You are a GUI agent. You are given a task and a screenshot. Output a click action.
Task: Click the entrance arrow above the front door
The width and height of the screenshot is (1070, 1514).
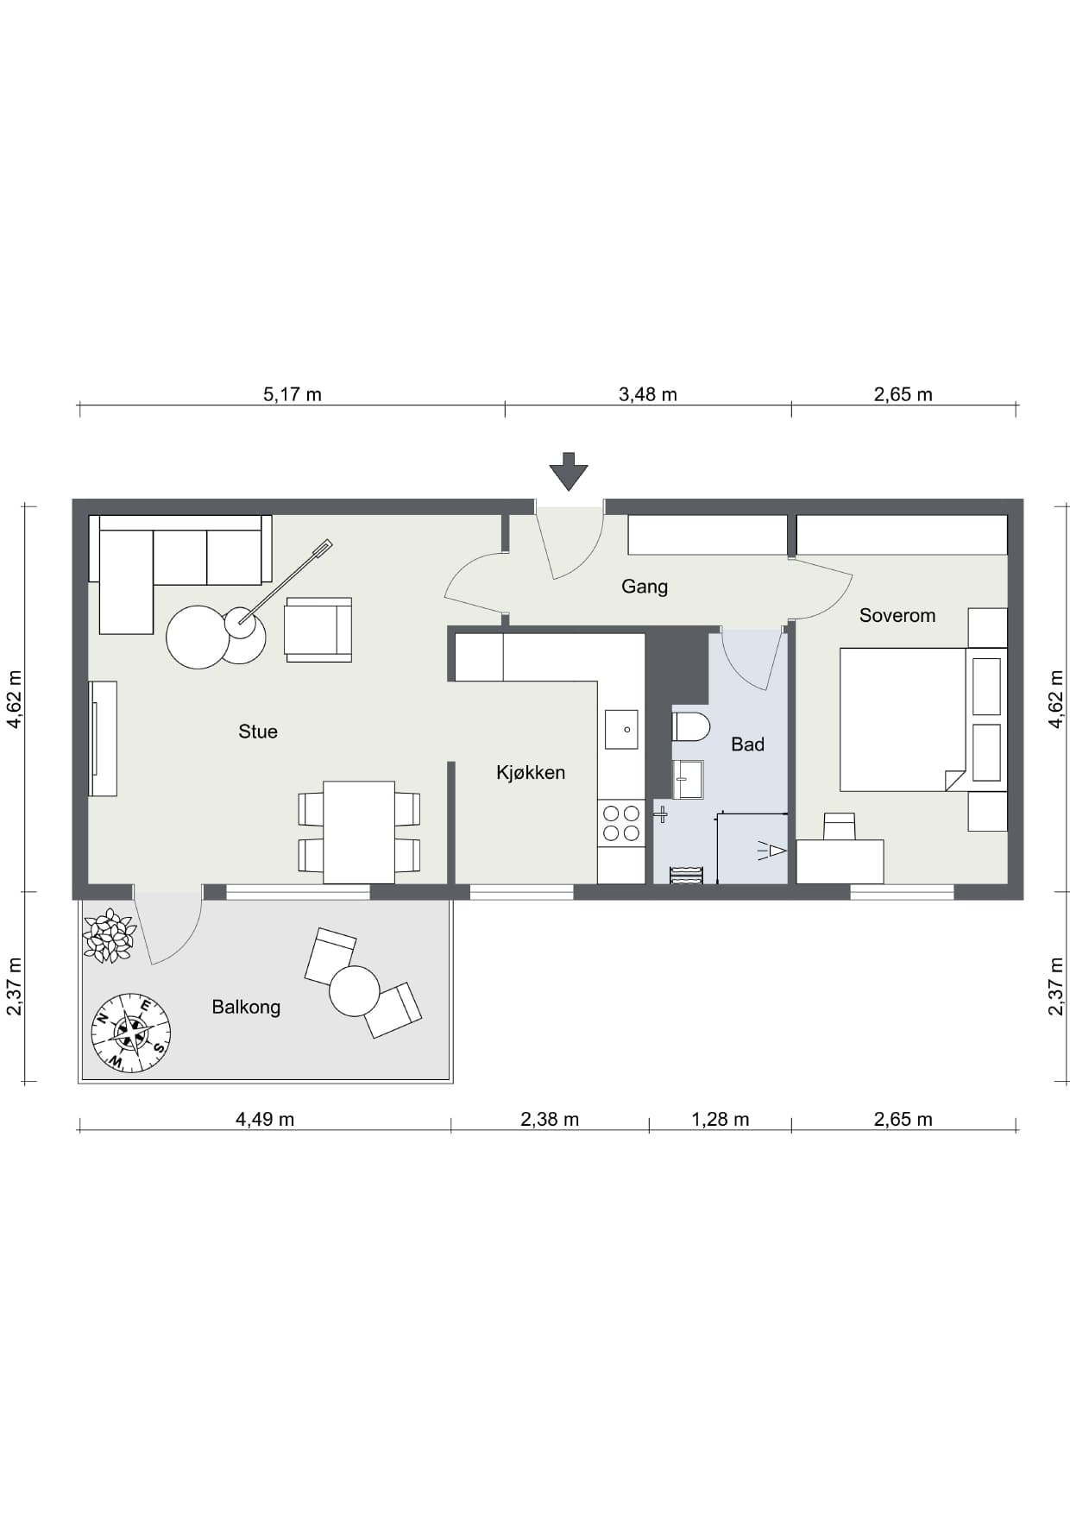point(569,471)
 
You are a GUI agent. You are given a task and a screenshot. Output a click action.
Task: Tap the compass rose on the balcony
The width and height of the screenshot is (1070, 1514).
point(131,1033)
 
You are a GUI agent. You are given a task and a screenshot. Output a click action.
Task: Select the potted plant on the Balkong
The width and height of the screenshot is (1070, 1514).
point(109,935)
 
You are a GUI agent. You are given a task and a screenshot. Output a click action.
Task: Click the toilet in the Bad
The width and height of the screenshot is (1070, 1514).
point(690,726)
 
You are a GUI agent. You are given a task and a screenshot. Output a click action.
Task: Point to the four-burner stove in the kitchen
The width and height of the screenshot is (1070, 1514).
point(621,823)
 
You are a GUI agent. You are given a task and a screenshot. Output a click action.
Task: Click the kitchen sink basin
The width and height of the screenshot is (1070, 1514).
point(621,729)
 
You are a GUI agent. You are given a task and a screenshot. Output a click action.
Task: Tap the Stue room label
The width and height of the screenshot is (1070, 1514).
point(258,732)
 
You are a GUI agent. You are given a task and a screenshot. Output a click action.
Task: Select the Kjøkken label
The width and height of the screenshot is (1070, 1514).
point(531,772)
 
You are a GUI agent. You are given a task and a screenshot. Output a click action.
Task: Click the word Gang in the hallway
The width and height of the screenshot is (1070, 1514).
point(645,587)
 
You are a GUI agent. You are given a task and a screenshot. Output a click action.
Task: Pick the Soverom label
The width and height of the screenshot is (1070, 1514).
point(897,615)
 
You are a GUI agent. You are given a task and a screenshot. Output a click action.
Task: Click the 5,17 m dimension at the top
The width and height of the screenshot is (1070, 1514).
point(293,394)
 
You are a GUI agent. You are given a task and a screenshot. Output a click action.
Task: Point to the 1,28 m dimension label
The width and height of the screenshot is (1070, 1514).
point(721,1119)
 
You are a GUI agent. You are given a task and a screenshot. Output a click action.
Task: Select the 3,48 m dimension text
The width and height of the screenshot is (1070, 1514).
point(648,394)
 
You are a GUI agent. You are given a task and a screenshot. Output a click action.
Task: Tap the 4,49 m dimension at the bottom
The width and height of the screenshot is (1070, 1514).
point(265,1119)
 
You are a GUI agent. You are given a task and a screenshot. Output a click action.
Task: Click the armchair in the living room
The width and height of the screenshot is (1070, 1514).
point(318,630)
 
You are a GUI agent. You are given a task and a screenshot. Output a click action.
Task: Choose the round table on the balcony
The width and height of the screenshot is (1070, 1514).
point(354,991)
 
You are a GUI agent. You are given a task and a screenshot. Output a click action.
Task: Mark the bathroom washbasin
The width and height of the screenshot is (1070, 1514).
point(688,779)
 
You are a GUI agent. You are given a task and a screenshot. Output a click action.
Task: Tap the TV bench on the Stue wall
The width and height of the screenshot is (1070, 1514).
point(103,738)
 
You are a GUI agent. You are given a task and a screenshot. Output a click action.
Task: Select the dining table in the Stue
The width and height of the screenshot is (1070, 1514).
point(359,832)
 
